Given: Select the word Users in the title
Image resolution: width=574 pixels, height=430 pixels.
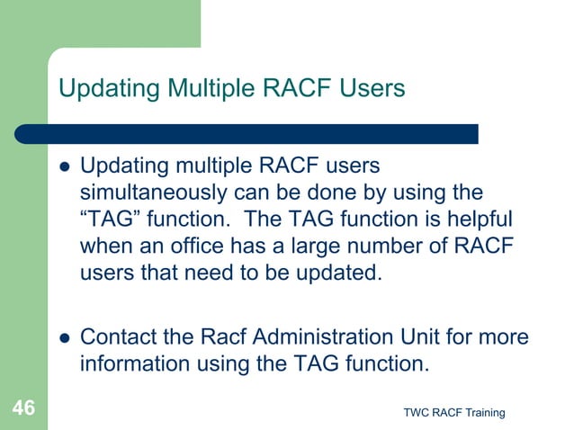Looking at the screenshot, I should tap(368, 88).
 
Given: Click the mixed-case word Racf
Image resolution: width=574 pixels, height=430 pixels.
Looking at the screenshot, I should tap(218, 337).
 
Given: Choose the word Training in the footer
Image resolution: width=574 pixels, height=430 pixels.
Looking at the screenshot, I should tap(484, 412).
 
